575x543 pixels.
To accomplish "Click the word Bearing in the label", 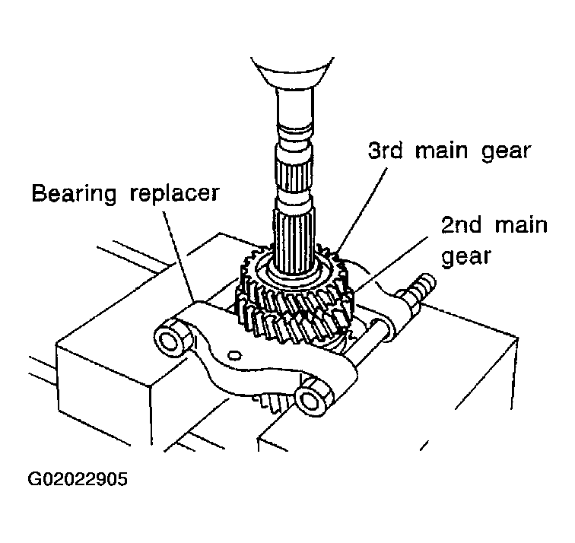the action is tap(74, 193).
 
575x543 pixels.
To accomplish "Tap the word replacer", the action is tap(175, 193).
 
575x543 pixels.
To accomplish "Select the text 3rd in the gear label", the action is tap(385, 150).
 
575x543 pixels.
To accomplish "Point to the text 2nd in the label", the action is tap(461, 224).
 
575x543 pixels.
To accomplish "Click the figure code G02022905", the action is tap(78, 479).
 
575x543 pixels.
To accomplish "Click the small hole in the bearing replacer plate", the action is tap(234, 355).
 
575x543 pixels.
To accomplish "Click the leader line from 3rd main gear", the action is tap(362, 209).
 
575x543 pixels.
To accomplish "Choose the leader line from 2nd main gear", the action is tap(391, 264).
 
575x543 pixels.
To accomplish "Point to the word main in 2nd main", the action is tap(521, 224).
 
